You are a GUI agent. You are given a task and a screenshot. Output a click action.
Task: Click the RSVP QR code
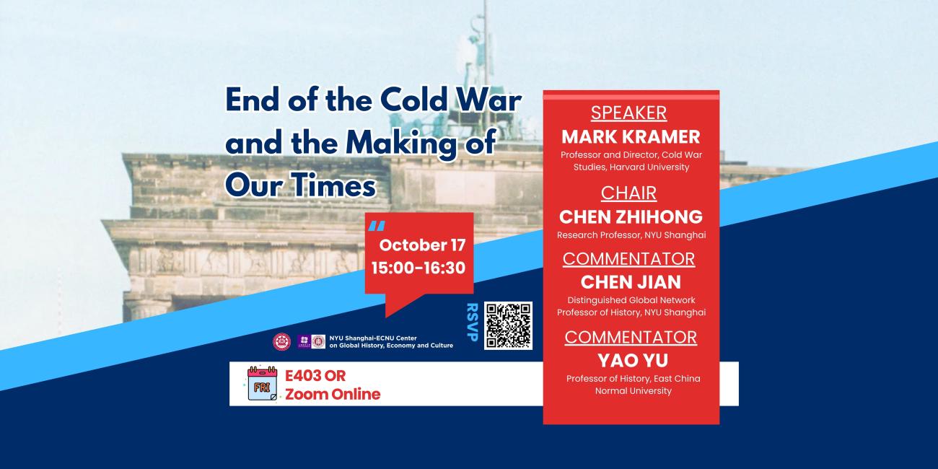pyautogui.click(x=508, y=325)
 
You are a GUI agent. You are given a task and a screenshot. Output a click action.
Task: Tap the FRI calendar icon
pyautogui.click(x=263, y=383)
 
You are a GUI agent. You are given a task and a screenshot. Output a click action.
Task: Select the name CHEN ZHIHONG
pyautogui.click(x=631, y=216)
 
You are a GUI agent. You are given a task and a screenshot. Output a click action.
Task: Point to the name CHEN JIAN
pyautogui.click(x=631, y=281)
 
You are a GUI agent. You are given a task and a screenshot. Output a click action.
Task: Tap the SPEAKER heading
pyautogui.click(x=628, y=113)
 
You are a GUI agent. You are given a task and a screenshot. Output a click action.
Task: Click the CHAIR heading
pyautogui.click(x=630, y=193)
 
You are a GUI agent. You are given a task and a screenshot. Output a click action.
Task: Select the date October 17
pyautogui.click(x=422, y=245)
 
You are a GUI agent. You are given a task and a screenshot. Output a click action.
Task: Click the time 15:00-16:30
pyautogui.click(x=418, y=268)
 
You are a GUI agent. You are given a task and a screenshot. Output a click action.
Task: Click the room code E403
pyautogui.click(x=306, y=376)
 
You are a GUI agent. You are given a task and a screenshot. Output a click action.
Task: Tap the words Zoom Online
pyautogui.click(x=333, y=394)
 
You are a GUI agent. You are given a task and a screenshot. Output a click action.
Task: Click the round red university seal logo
pyautogui.click(x=281, y=342)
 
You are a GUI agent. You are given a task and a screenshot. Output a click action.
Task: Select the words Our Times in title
pyautogui.click(x=300, y=185)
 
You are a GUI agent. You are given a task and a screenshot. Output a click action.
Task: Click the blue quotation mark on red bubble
pyautogui.click(x=376, y=227)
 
